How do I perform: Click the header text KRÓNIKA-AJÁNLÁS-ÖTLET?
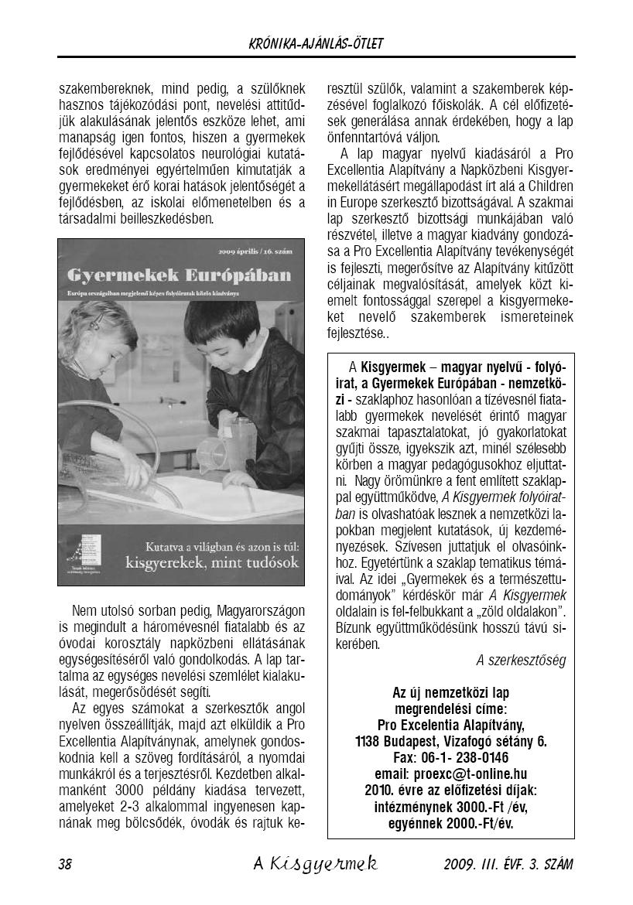tap(316, 44)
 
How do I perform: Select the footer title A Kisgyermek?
tap(315, 864)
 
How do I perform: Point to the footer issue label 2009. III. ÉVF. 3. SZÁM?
tap(509, 864)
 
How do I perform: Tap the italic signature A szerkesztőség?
tap(521, 660)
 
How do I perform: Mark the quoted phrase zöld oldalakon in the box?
tap(509, 611)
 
